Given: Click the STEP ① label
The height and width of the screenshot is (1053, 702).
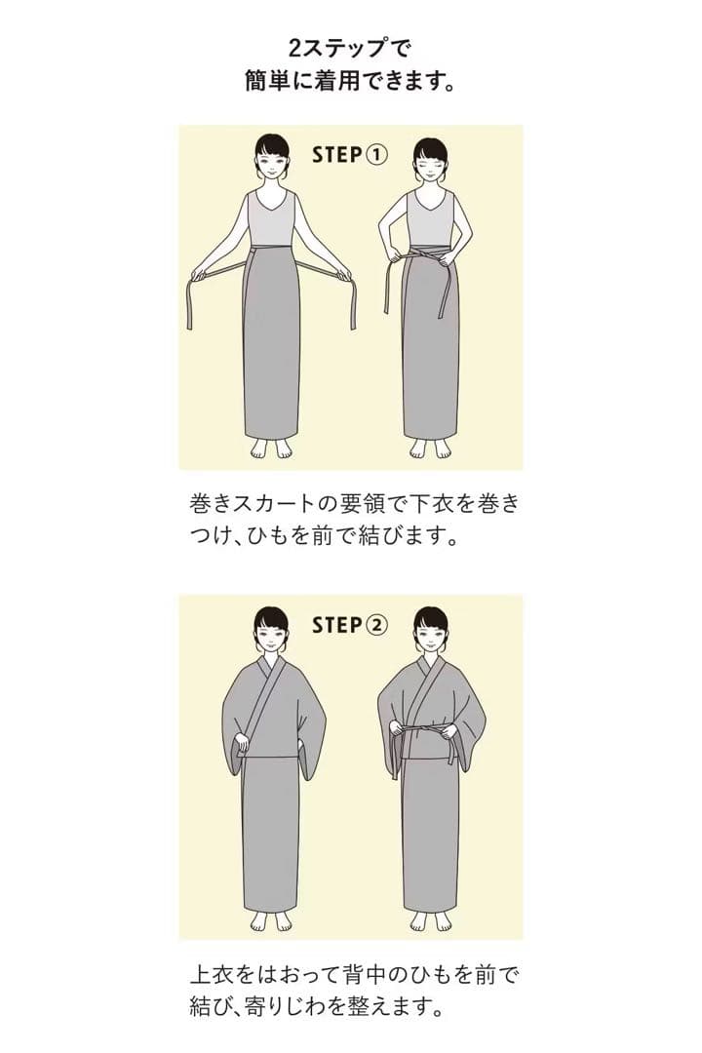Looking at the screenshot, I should pos(350,154).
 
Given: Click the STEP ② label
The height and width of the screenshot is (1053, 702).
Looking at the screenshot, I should pos(350,624).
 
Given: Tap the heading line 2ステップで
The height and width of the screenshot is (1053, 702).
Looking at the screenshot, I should pos(350,46).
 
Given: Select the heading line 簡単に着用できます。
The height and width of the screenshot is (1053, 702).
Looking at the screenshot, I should pos(350,81).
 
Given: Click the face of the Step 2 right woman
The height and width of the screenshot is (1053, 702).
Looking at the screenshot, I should pos(430,634).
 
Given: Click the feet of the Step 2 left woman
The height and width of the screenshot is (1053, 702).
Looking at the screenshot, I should pos(271,920).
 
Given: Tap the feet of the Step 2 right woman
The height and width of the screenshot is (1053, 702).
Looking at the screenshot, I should pos(430,920).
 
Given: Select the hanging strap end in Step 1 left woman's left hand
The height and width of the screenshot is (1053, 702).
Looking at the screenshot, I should pos(352,304).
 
